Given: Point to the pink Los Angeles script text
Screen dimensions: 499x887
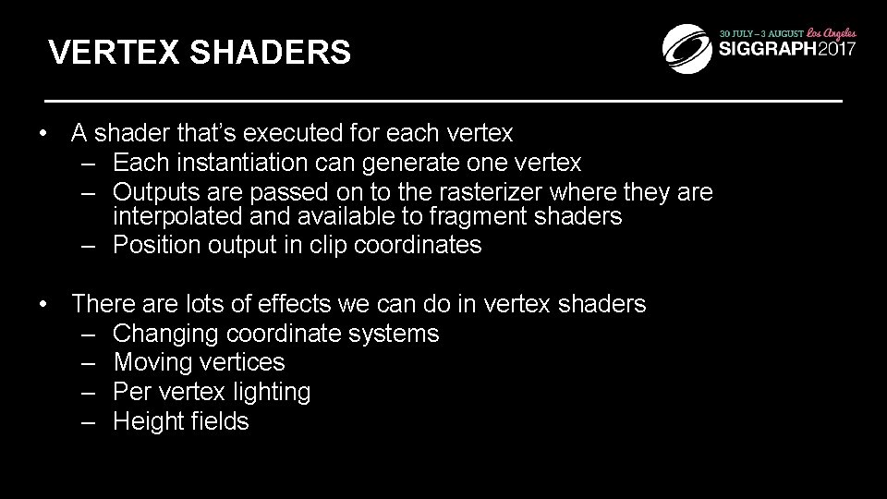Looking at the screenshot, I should (828, 30).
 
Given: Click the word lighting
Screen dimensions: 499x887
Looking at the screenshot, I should (273, 392).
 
